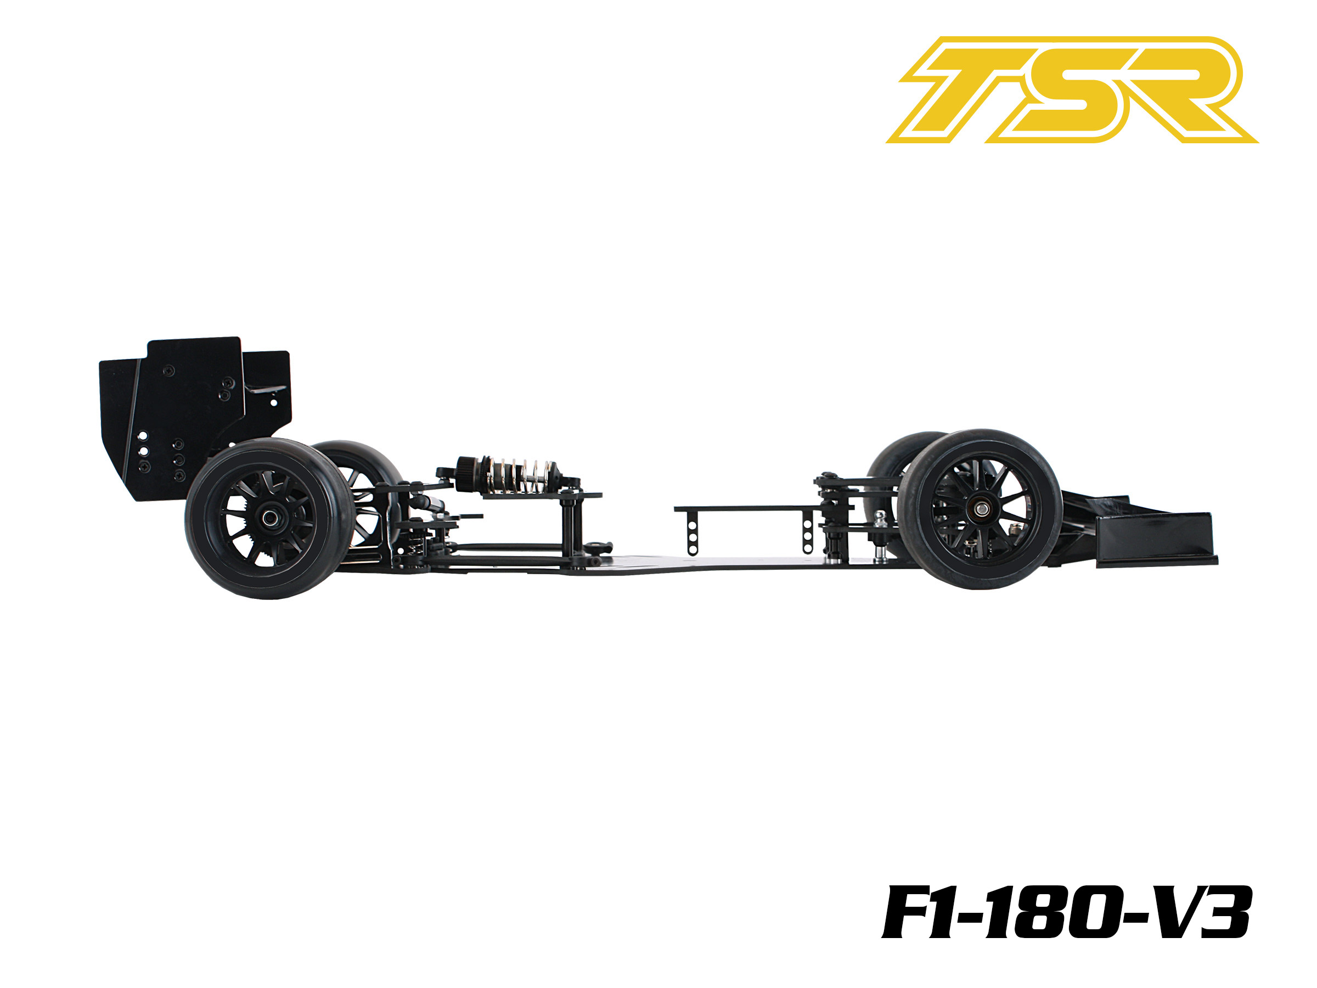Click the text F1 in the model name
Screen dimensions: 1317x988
pyautogui.click(x=919, y=913)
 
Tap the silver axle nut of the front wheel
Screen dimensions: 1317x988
pyautogui.click(x=979, y=508)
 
